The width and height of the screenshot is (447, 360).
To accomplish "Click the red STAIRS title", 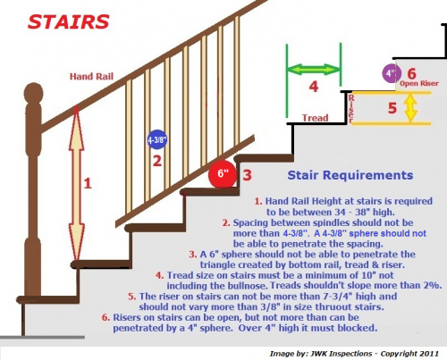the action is [68, 22].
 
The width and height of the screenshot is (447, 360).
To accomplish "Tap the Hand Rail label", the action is [91, 77].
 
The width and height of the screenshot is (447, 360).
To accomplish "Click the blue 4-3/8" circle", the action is [157, 139].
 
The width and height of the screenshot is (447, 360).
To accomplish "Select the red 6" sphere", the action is [223, 174].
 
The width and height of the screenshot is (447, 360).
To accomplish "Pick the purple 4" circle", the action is [392, 73].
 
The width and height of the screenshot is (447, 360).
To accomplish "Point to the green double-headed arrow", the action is [314, 70].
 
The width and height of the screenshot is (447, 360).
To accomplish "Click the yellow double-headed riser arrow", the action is [410, 107].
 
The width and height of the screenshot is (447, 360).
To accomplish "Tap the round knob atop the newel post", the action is [33, 93].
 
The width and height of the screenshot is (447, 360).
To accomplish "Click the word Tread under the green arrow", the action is [316, 118].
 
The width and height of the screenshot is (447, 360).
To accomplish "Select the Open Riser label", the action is [419, 83].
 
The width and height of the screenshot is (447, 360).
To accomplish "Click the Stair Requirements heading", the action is [350, 175].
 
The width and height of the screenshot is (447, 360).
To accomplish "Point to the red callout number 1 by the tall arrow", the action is [88, 183].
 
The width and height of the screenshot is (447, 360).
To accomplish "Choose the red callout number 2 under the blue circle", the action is [157, 161].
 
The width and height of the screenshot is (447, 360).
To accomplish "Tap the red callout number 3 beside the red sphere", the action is [247, 175].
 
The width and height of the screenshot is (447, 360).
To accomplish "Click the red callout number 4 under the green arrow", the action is [314, 87].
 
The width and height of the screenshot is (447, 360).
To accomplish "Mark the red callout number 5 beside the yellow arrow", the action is [392, 108].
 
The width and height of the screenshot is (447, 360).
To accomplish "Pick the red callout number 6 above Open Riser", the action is [411, 73].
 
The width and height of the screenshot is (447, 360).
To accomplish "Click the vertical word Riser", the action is [351, 108].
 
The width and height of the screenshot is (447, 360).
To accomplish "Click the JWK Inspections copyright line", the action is [354, 354].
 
